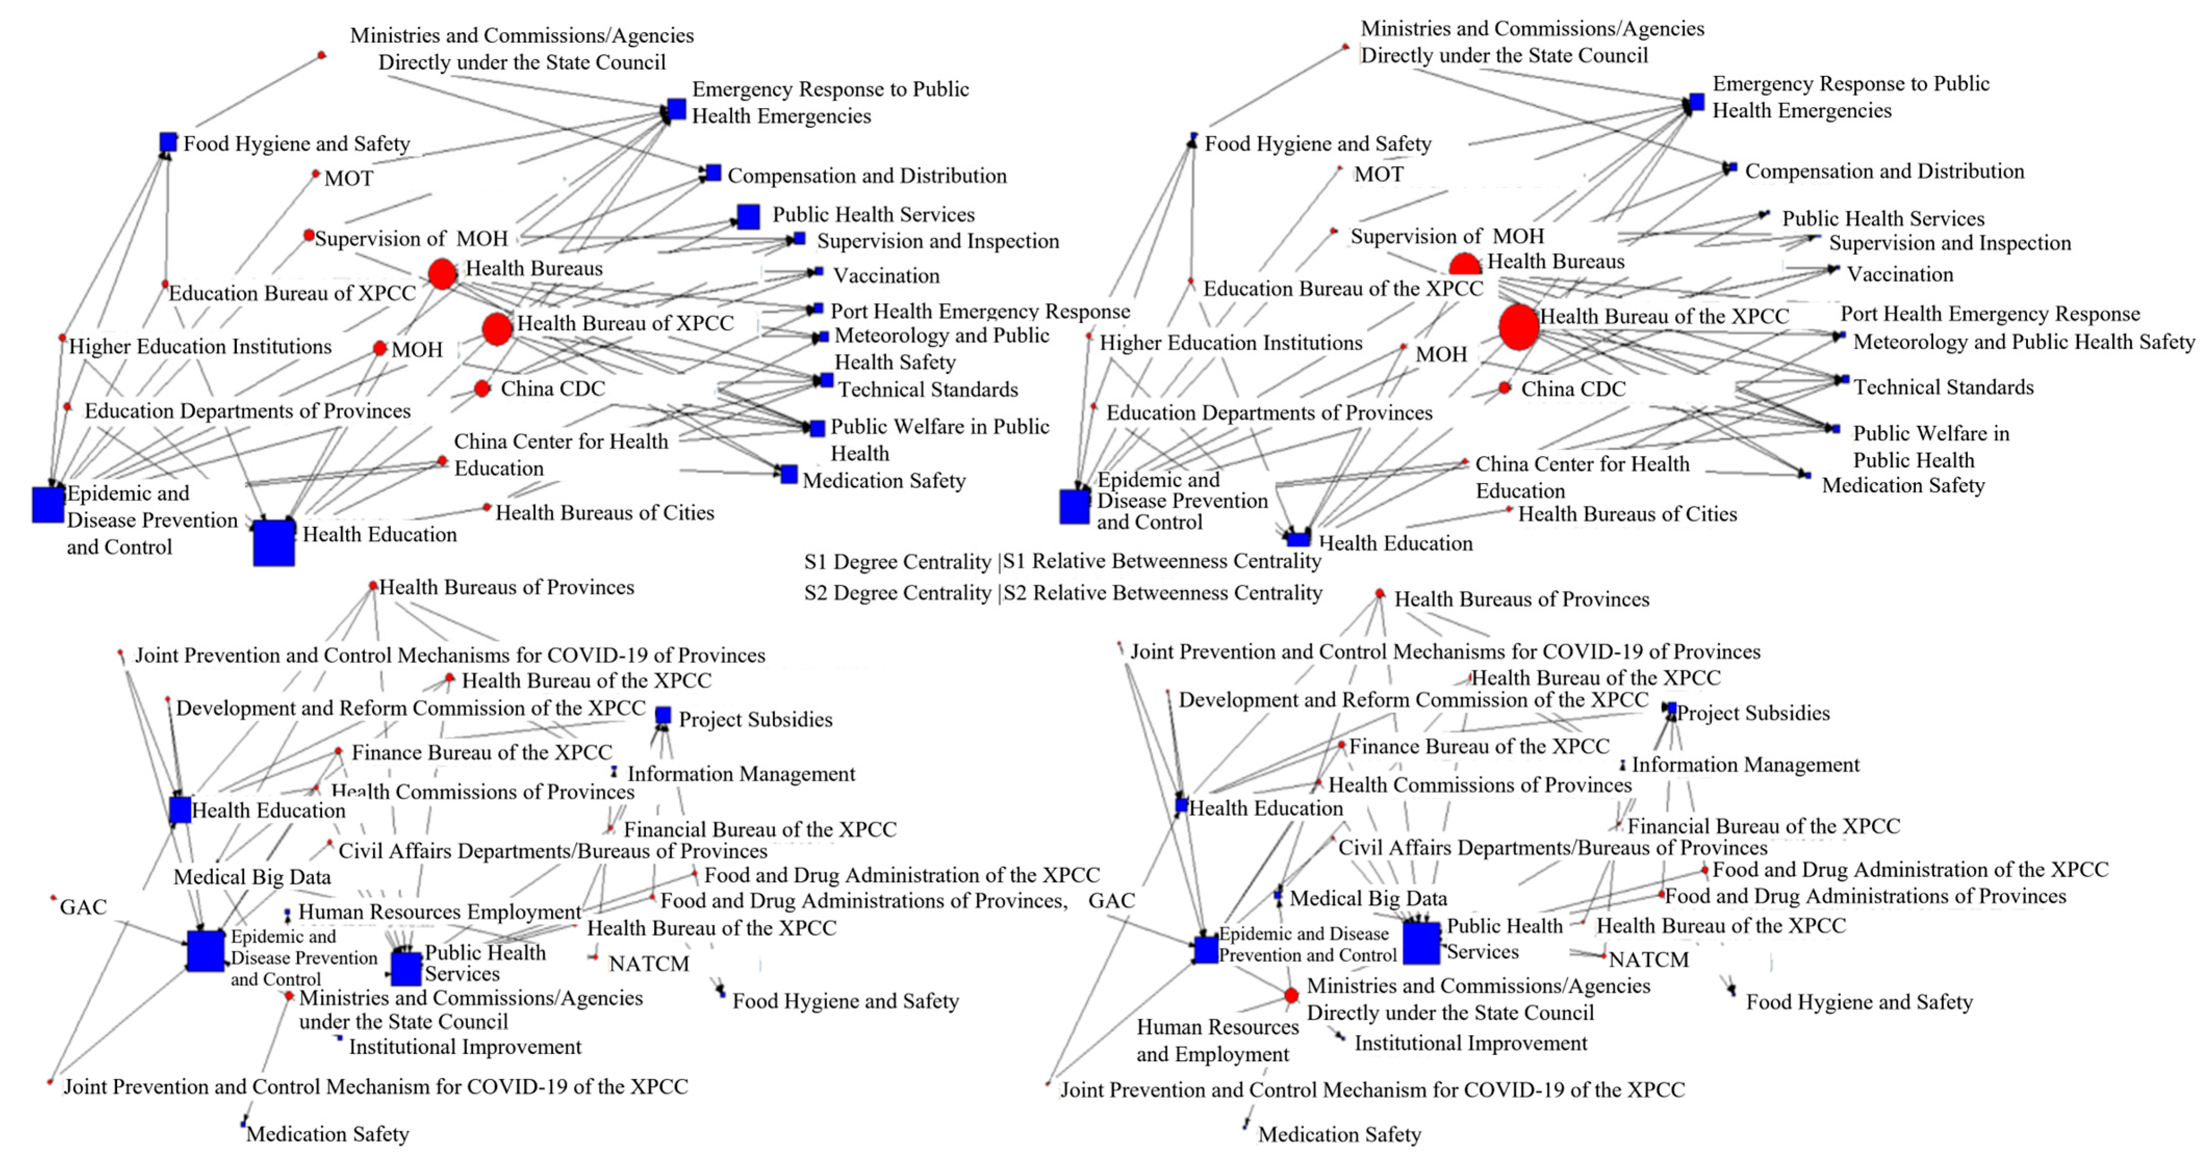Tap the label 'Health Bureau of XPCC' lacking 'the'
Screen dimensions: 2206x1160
[625, 323]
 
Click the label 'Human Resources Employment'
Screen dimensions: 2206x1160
[439, 912]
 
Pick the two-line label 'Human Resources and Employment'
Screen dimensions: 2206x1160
[1217, 1040]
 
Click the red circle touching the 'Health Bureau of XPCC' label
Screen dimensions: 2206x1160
[497, 329]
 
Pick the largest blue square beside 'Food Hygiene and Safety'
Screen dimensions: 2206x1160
[168, 142]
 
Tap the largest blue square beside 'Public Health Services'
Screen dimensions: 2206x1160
[1421, 943]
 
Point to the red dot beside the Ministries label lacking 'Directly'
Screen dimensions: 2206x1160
[289, 997]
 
